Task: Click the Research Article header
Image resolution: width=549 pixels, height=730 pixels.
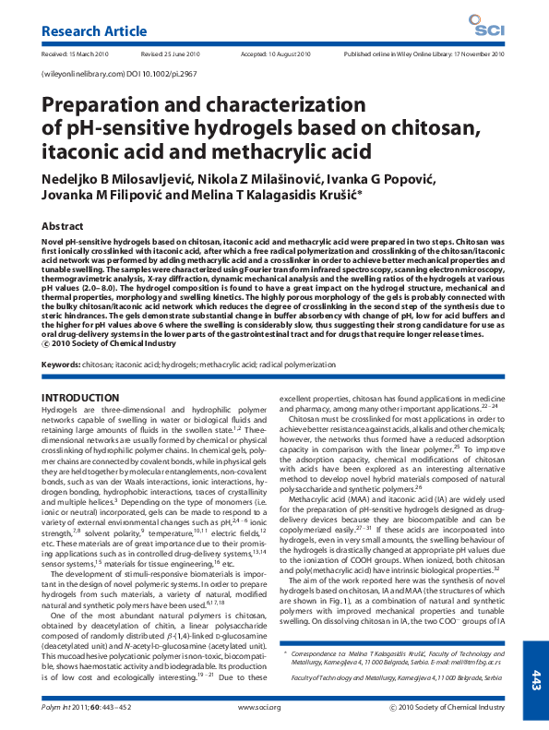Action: pos(86,32)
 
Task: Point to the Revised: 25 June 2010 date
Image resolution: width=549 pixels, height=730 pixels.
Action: pos(171,55)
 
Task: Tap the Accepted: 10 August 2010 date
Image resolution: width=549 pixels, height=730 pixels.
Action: pos(276,55)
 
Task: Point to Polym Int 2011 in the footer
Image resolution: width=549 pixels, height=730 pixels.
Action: pos(64,707)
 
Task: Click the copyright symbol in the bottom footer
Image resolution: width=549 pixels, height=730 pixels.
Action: pos(393,707)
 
